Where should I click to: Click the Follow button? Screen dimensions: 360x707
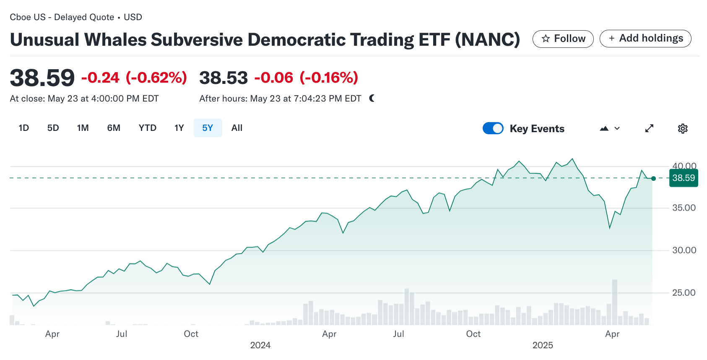[x=563, y=39]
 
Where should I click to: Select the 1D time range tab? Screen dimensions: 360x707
[x=24, y=128]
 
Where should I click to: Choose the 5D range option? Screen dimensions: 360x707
[x=53, y=128]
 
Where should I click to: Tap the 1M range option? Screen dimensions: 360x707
[x=83, y=128]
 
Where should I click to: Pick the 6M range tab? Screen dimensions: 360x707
[x=114, y=128]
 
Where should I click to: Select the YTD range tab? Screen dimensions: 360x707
[x=147, y=128]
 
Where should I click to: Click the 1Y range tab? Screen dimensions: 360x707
[x=179, y=128]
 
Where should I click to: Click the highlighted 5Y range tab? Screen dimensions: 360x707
[x=208, y=128]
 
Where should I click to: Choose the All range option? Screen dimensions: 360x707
[x=237, y=128]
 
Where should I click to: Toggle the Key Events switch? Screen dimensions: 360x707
[x=493, y=128]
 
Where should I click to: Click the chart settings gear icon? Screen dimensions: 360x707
[x=683, y=128]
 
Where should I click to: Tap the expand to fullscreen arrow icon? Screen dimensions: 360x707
[x=649, y=128]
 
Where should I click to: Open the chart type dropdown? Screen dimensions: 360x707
[x=610, y=128]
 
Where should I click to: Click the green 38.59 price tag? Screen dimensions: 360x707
[x=684, y=178]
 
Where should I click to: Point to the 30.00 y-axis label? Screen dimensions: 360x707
[x=684, y=250]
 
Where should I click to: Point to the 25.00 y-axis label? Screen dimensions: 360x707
[x=684, y=293]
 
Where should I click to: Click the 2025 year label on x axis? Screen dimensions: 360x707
[x=543, y=345]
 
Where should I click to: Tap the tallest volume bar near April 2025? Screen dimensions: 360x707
[x=615, y=302]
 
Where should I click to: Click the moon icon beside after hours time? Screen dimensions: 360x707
[x=372, y=98]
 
